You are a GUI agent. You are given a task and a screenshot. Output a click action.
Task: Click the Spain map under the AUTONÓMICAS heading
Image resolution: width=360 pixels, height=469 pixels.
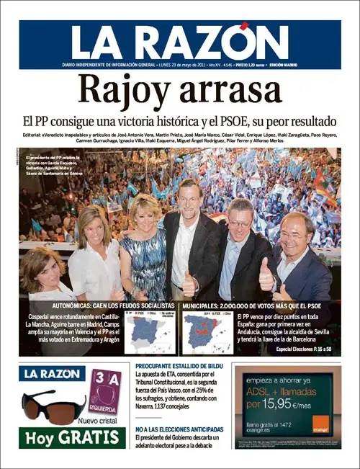click(x=148, y=332)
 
